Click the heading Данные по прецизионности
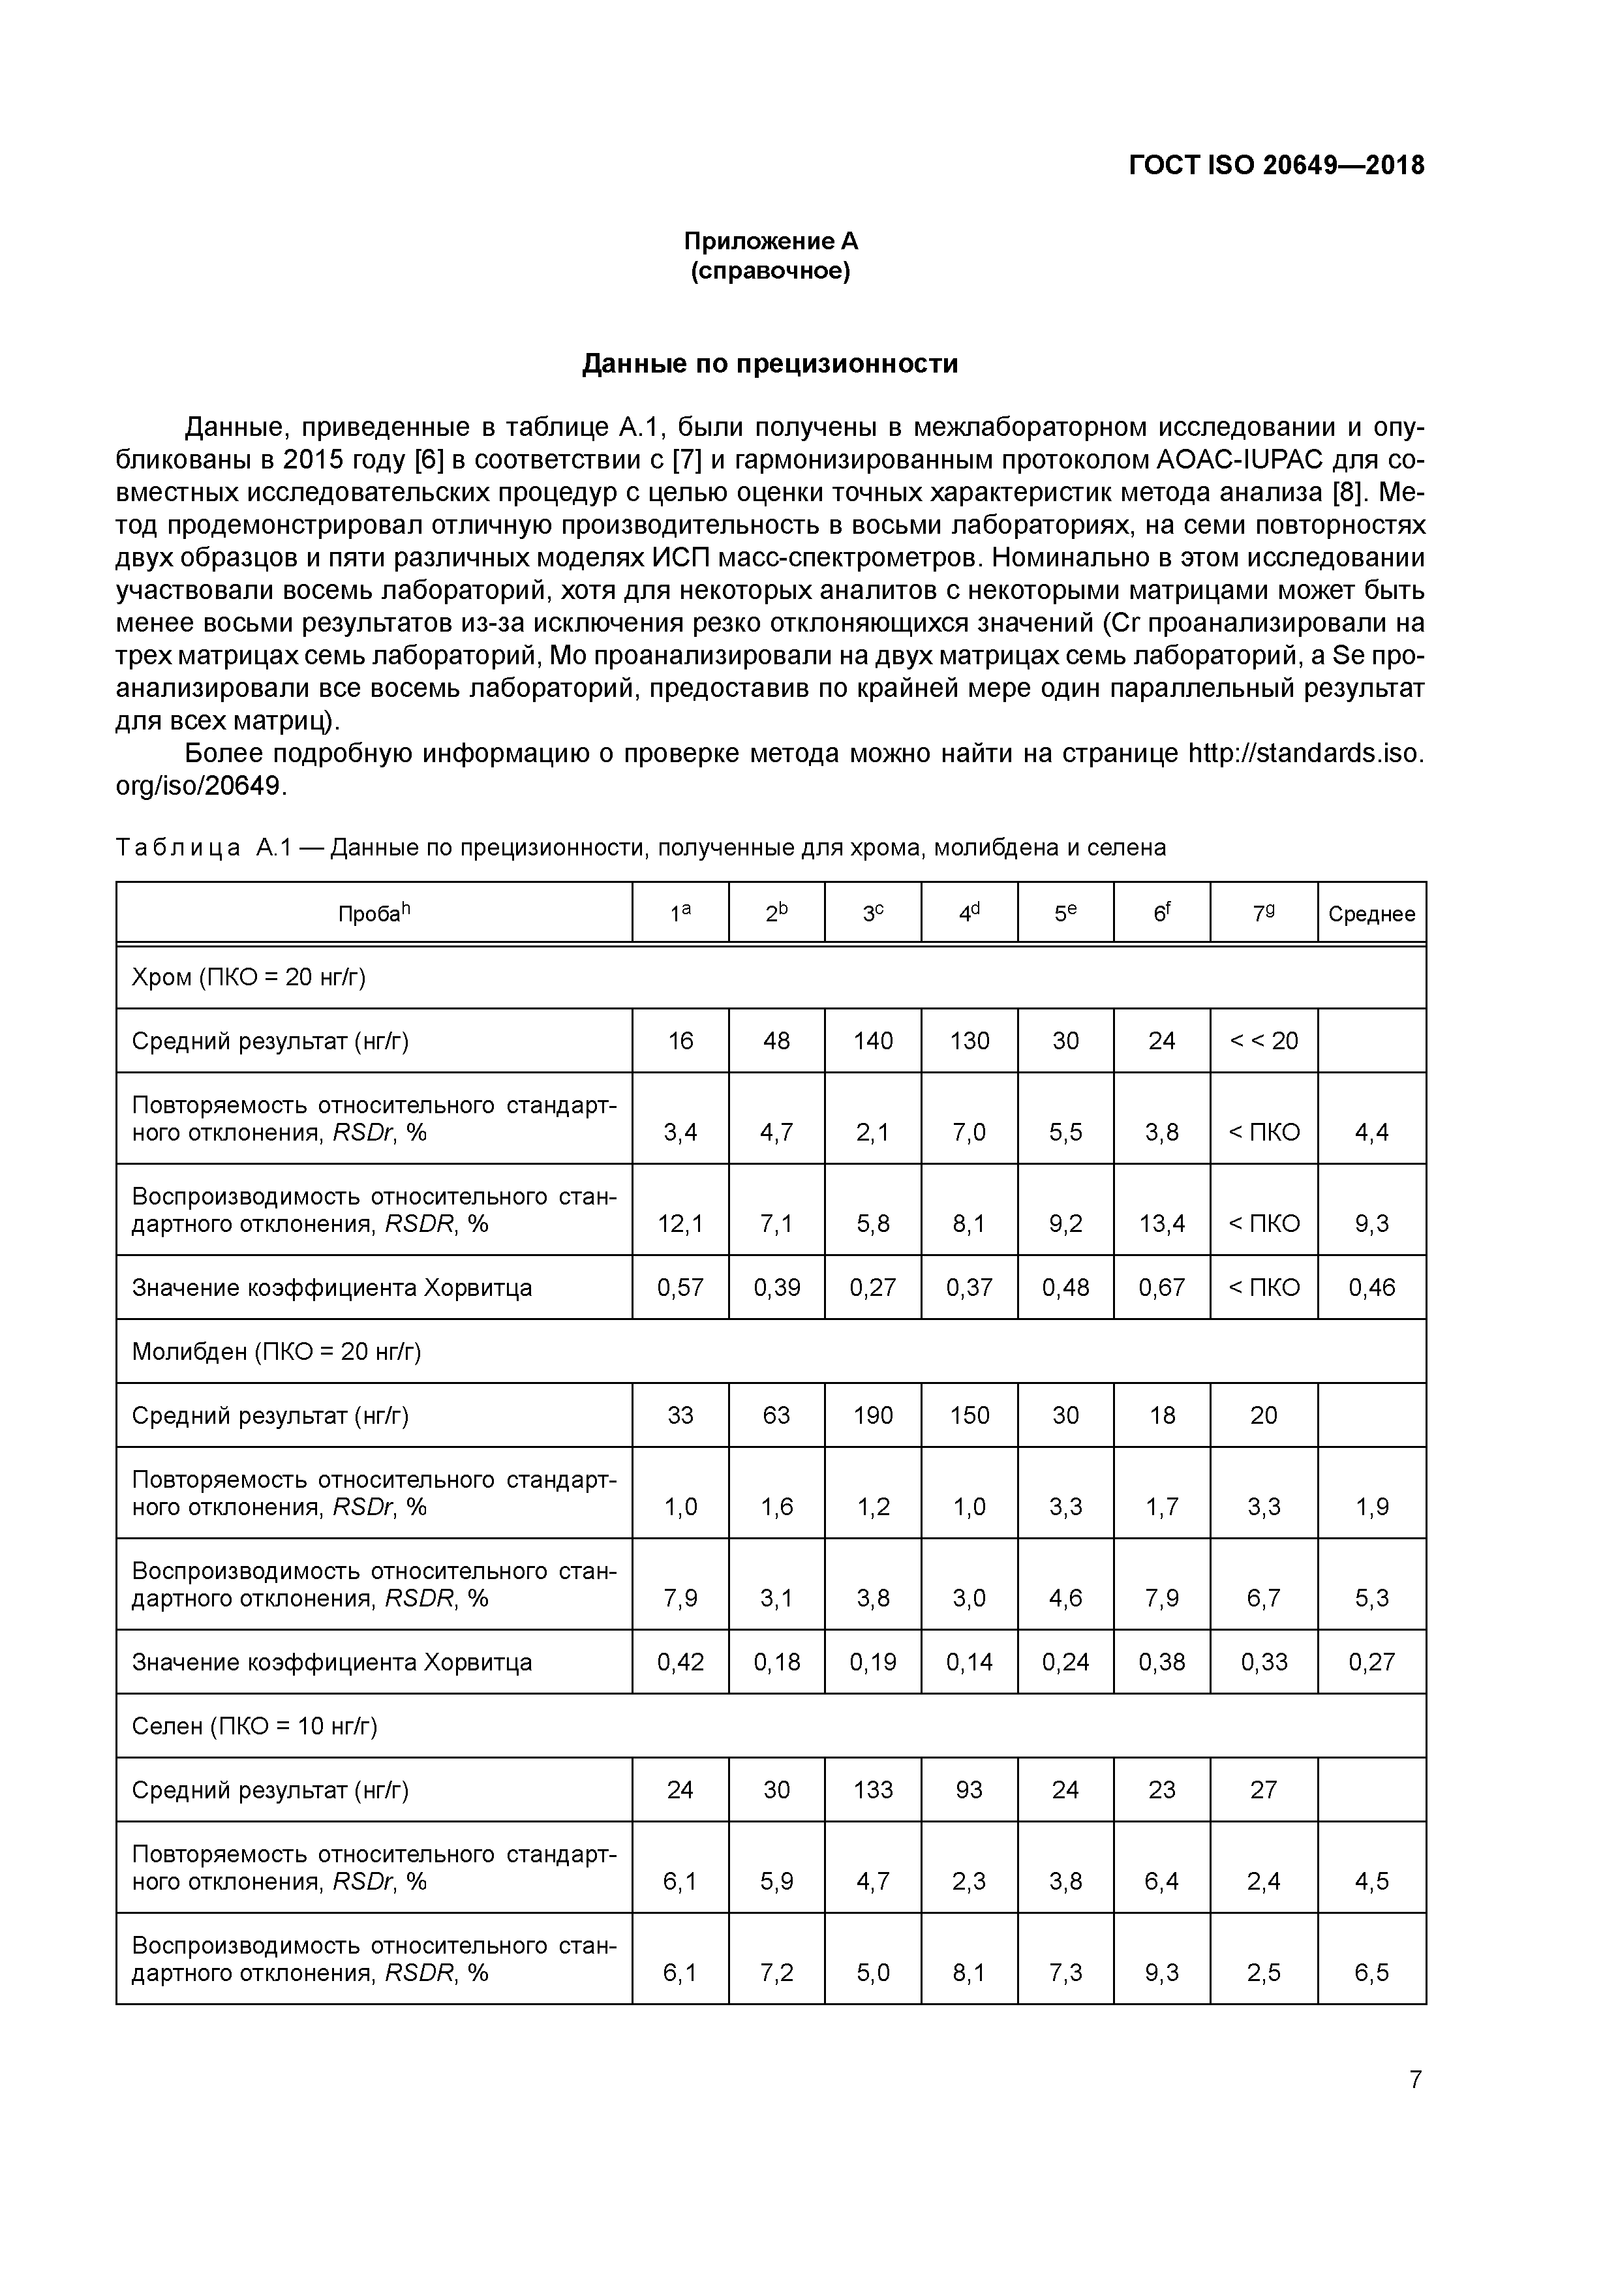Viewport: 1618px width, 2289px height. pos(770,364)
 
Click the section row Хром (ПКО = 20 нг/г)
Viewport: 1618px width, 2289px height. pos(249,977)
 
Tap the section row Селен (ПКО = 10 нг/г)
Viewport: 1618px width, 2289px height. pos(254,1726)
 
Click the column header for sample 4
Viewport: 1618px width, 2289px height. pos(969,914)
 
